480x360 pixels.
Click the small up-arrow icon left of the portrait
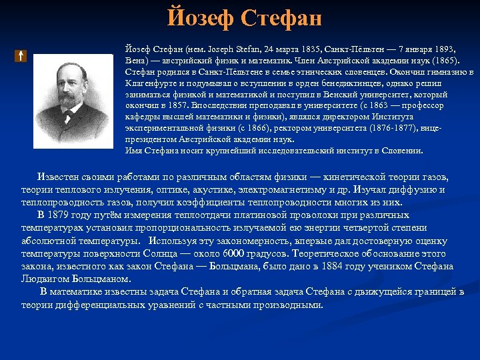21,56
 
